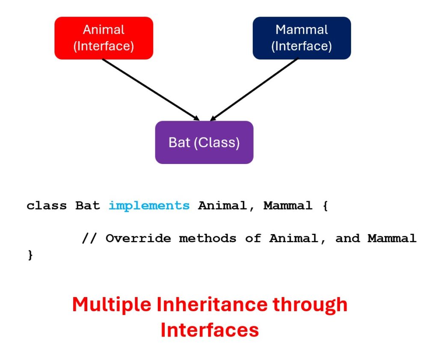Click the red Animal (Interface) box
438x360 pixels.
pos(104,38)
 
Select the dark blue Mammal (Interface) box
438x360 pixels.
pos(302,38)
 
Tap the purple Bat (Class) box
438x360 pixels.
pos(204,142)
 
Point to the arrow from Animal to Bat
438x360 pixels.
pos(150,89)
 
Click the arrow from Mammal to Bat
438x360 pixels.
pos(255,89)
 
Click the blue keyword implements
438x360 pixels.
pos(149,206)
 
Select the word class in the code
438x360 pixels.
pos(47,206)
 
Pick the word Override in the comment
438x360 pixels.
pos(136,238)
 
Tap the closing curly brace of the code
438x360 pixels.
pos(30,256)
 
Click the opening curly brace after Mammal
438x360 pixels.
pos(324,206)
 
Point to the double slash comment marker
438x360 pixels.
pos(89,238)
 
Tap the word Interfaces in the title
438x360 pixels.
pos(210,330)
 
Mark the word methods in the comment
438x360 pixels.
pos(208,238)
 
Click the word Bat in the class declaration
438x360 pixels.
pos(88,206)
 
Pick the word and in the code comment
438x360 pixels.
pos(347,238)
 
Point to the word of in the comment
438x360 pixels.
pos(253,238)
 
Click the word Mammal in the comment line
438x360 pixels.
pos(392,238)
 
